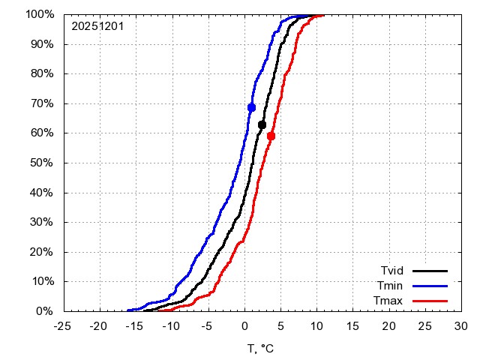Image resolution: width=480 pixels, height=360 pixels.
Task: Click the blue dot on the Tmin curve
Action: [x=251, y=107]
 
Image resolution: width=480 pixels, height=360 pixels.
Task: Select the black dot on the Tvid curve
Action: [x=262, y=124]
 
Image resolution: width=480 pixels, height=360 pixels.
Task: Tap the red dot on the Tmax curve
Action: [x=271, y=136]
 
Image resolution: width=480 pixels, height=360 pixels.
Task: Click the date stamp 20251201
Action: [x=97, y=26]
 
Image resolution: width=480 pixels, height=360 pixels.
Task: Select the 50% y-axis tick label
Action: [x=42, y=163]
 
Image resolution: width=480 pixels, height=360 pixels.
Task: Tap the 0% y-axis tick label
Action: [x=45, y=310]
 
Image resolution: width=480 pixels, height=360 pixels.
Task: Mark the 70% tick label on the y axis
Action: [x=42, y=103]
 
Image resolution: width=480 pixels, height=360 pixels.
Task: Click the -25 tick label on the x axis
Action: [x=63, y=326]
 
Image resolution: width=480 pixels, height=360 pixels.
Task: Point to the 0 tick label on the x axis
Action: [x=244, y=326]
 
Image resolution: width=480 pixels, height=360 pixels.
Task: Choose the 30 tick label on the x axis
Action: [x=461, y=326]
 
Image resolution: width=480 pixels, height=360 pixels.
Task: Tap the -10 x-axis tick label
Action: [x=171, y=326]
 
